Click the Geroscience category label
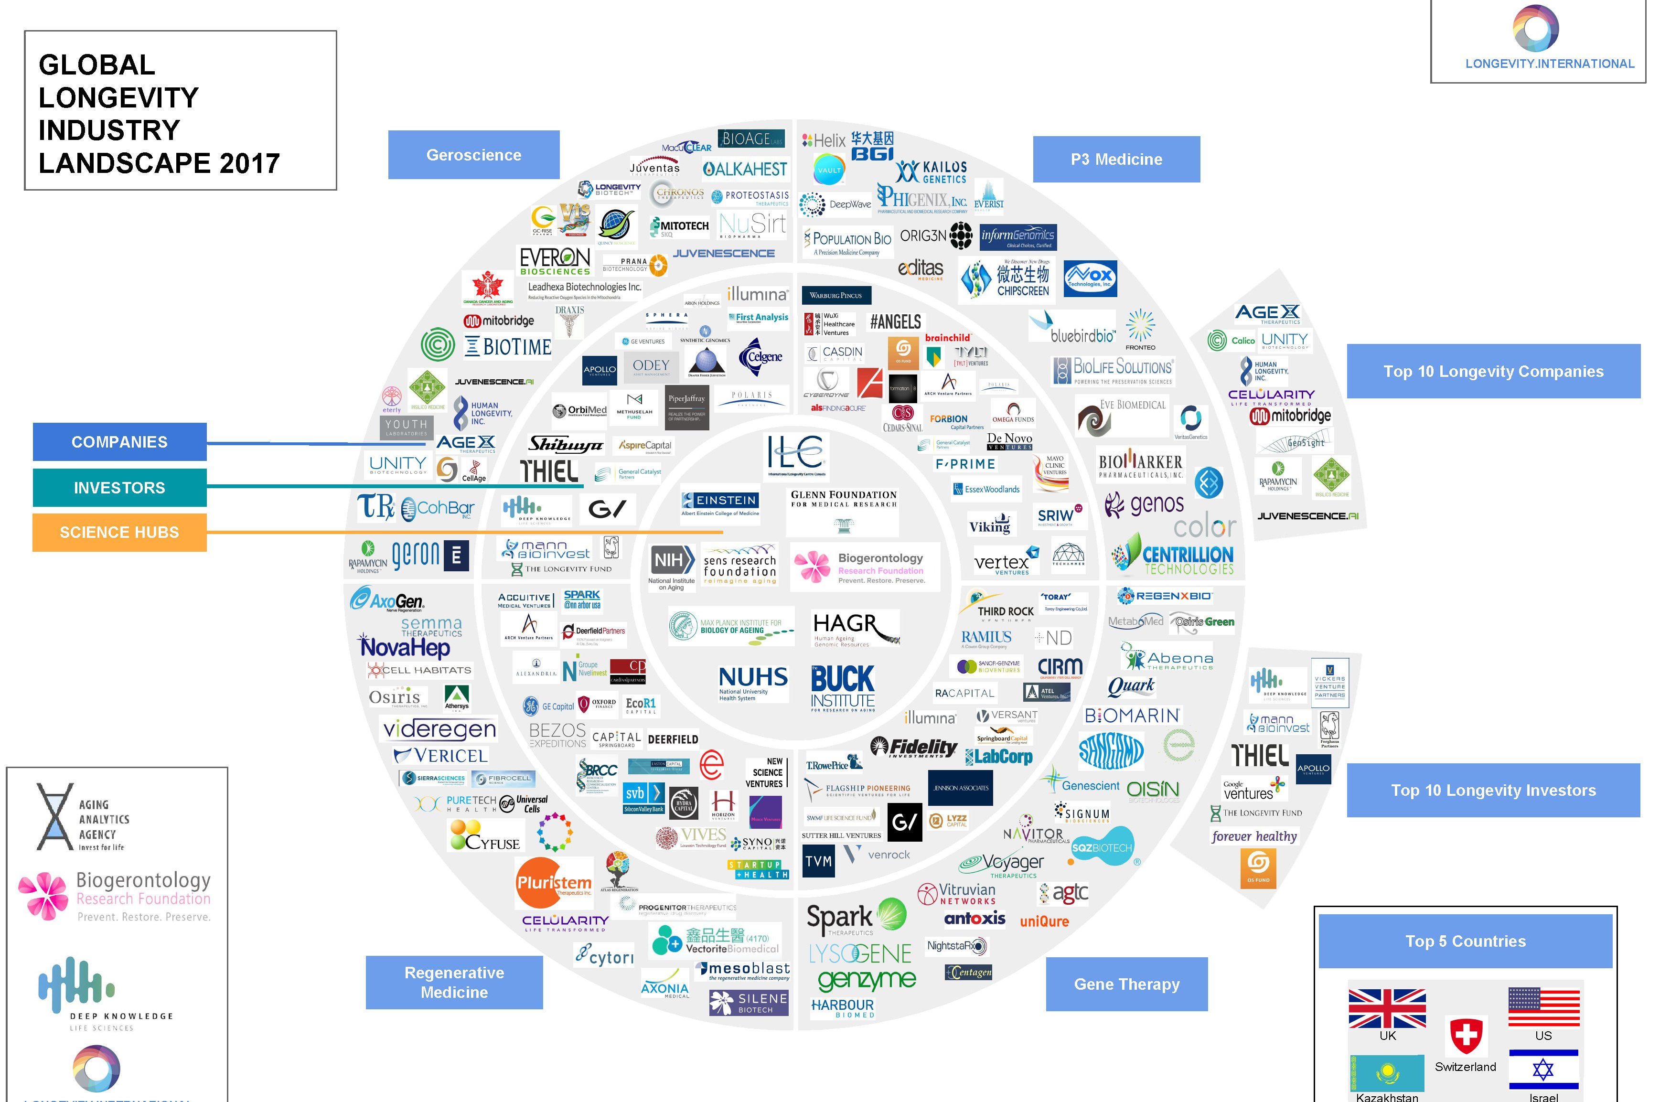click(x=474, y=155)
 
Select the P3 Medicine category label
click(x=1116, y=160)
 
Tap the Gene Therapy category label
click(x=1126, y=984)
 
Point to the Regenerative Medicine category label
click(x=454, y=982)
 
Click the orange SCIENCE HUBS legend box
click(x=119, y=532)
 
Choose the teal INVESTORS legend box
click(x=119, y=488)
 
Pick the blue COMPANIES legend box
click(x=119, y=442)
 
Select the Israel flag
click(x=1543, y=1070)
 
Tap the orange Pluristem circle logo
click(x=554, y=883)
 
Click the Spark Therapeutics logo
click(x=855, y=917)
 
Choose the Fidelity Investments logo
click(x=914, y=747)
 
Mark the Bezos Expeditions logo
click(x=557, y=735)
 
